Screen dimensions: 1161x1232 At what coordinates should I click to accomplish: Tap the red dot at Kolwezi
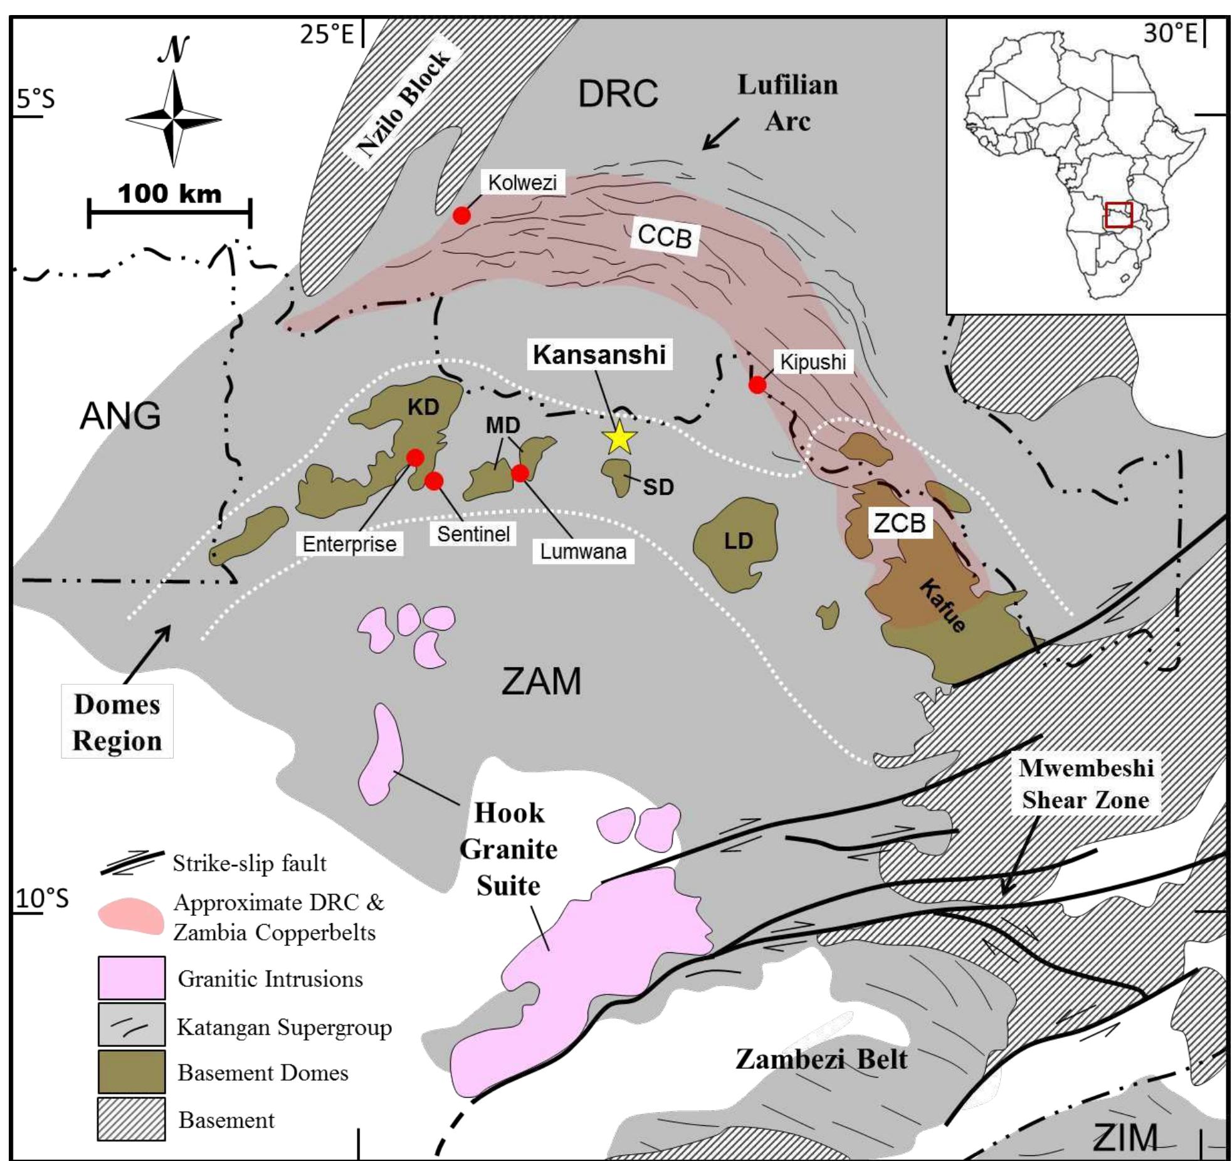coord(461,216)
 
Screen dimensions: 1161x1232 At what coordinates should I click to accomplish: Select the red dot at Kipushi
coord(757,384)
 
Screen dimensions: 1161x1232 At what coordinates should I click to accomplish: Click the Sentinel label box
coord(473,534)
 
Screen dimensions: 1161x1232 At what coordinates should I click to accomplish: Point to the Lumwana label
coord(583,551)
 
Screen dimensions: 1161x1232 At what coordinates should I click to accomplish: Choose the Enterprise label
coord(349,544)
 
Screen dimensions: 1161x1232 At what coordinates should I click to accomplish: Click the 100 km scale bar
coord(169,213)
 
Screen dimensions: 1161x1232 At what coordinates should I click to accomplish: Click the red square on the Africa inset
coord(1119,214)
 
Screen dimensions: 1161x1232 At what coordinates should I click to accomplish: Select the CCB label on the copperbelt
coord(665,237)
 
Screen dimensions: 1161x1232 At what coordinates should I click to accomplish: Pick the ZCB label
coord(900,522)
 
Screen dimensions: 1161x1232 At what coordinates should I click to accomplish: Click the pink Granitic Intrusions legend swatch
coord(132,978)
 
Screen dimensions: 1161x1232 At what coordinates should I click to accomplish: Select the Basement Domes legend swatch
coord(132,1071)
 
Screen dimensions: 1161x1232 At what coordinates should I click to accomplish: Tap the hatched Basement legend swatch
coord(132,1119)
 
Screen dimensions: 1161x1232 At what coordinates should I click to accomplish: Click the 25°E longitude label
coord(327,34)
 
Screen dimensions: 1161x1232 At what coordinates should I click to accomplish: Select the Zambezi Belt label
coord(821,1059)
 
